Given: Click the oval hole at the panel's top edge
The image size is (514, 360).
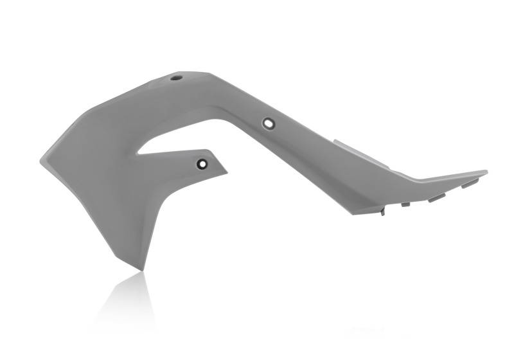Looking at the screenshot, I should pos(177,78).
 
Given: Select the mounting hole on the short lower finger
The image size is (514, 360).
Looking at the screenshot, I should pos(202,163).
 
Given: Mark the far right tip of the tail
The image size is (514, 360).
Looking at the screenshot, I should pos(487,172).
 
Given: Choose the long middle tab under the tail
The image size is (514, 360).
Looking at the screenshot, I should pos(436,197).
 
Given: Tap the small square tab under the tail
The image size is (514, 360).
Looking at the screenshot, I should pos(405,204).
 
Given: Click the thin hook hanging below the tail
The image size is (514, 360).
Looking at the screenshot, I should pos(383,211).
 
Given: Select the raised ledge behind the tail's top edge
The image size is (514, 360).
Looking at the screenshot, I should pos(360,150).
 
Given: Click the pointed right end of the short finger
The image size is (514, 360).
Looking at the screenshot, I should pos(227,171).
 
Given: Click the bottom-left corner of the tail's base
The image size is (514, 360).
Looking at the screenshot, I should pos(354,213).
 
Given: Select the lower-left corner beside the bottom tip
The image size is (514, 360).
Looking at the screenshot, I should pos(118,258).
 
